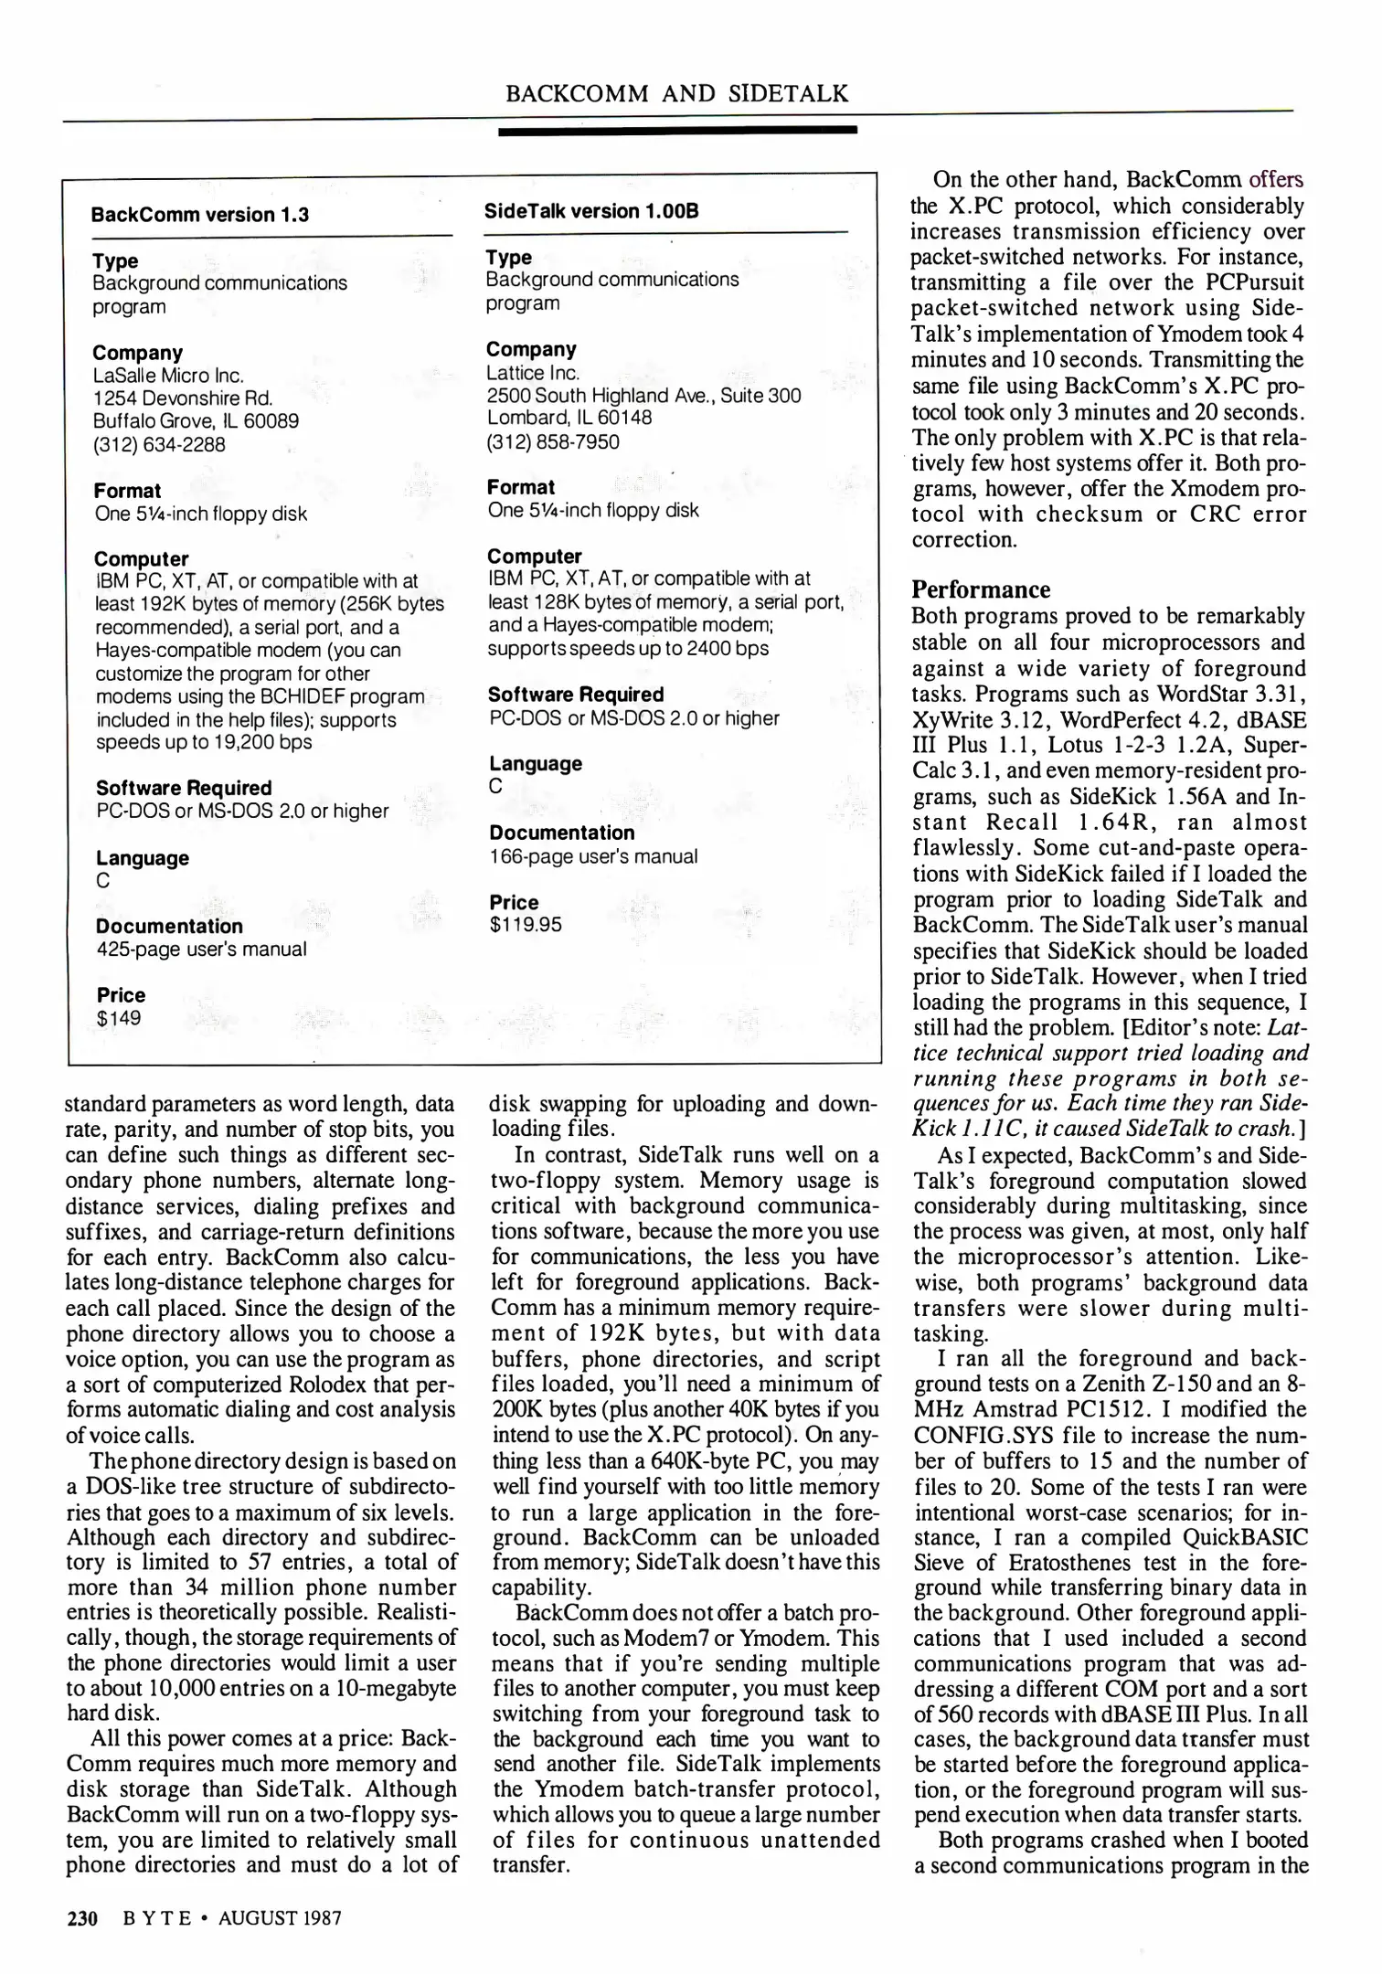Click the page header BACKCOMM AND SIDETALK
click(676, 93)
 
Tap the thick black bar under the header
click(676, 131)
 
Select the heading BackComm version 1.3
click(199, 215)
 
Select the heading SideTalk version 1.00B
click(591, 211)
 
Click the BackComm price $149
click(118, 1018)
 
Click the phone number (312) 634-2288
click(159, 444)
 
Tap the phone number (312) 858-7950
click(552, 441)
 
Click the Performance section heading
click(981, 589)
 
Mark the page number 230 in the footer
click(82, 1917)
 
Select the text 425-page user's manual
click(201, 949)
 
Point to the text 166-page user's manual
click(593, 856)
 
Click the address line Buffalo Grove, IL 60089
click(196, 421)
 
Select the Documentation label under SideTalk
click(561, 833)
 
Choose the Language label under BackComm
click(142, 858)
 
